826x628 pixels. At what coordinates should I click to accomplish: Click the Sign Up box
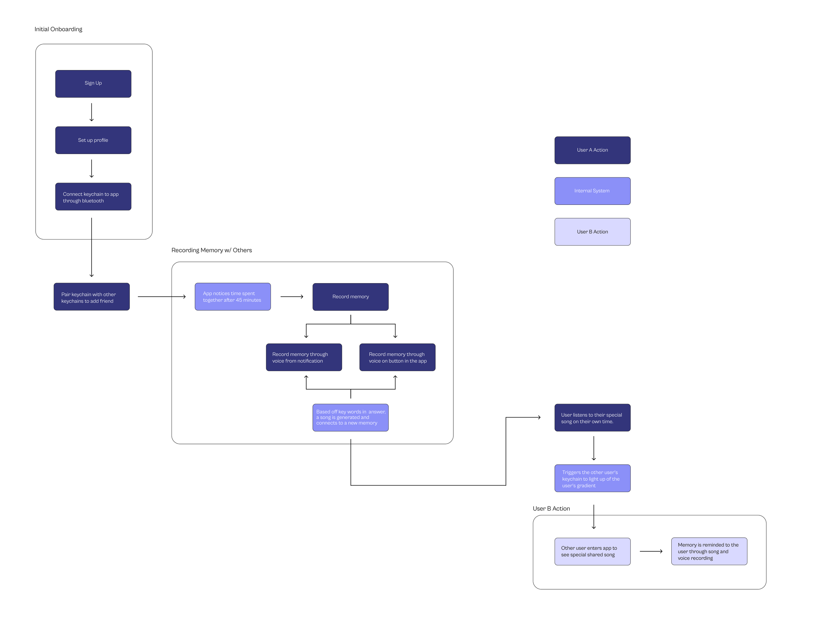[x=93, y=84]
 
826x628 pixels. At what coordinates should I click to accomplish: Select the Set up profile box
[x=93, y=140]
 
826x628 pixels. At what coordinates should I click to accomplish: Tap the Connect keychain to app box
[x=93, y=197]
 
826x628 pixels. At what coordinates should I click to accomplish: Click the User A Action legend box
[x=592, y=150]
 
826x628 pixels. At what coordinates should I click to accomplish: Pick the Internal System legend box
[x=592, y=191]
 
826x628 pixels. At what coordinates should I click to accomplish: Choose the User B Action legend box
[x=592, y=232]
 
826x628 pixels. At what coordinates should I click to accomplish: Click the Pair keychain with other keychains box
[x=92, y=297]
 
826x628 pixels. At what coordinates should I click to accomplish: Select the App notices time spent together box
[x=233, y=297]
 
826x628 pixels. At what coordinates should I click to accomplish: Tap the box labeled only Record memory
[x=350, y=297]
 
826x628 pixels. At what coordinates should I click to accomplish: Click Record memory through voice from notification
[x=304, y=357]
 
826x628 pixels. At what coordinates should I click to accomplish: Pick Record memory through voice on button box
[x=397, y=357]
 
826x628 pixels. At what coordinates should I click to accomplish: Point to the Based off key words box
[x=350, y=418]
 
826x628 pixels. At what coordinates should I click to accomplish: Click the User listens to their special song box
[x=592, y=418]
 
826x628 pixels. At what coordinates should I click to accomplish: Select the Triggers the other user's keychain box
[x=592, y=478]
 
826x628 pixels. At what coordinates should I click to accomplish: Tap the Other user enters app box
[x=592, y=551]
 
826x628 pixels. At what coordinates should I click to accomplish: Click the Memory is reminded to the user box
[x=709, y=551]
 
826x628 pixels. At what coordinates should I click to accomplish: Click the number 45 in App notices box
[x=239, y=300]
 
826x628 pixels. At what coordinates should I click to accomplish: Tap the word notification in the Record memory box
[x=310, y=361]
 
